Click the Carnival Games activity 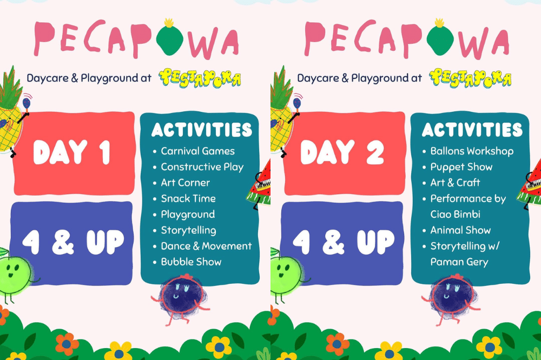[197, 151]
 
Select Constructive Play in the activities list [202, 167]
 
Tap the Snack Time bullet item [188, 198]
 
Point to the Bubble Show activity [191, 262]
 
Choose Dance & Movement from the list [206, 246]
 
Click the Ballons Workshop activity [472, 151]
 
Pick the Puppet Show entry [461, 167]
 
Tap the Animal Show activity [460, 230]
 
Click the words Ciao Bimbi [455, 215]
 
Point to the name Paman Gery [459, 262]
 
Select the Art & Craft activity [455, 183]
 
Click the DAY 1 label [72, 152]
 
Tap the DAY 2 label [342, 152]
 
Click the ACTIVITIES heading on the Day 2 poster [472, 130]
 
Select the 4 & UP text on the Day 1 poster [73, 242]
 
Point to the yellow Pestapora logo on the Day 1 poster [200, 78]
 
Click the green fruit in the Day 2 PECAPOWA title [439, 38]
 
